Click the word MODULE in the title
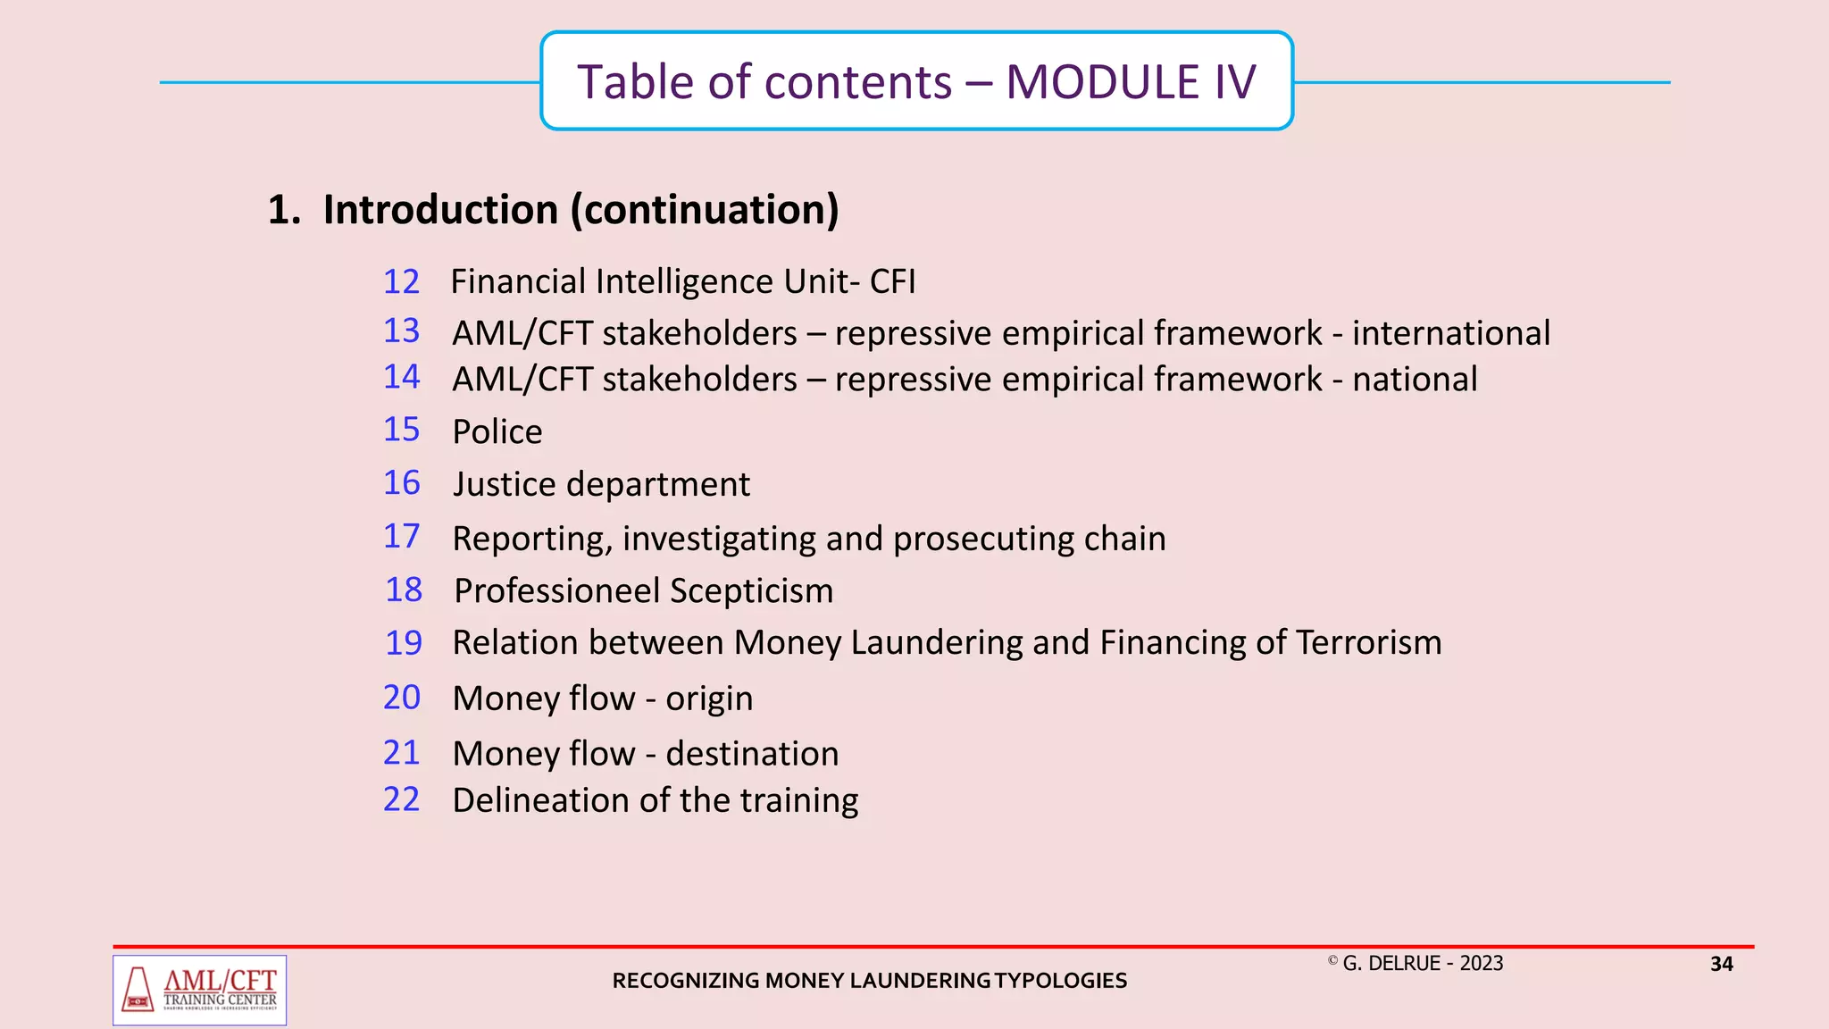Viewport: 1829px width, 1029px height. [x=1102, y=82]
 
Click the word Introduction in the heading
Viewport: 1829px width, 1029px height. [x=440, y=210]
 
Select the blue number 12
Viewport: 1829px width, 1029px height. [x=401, y=282]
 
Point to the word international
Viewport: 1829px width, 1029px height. [x=1450, y=333]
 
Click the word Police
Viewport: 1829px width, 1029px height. [x=497, y=432]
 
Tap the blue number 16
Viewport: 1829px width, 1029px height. [x=401, y=483]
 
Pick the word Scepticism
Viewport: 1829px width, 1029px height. [x=751, y=591]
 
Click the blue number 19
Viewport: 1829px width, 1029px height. [x=403, y=643]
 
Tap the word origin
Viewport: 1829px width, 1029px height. [x=709, y=699]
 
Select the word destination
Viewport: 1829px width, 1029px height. [x=752, y=754]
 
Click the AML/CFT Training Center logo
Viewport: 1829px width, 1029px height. [x=200, y=990]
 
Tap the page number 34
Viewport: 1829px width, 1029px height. [x=1721, y=965]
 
